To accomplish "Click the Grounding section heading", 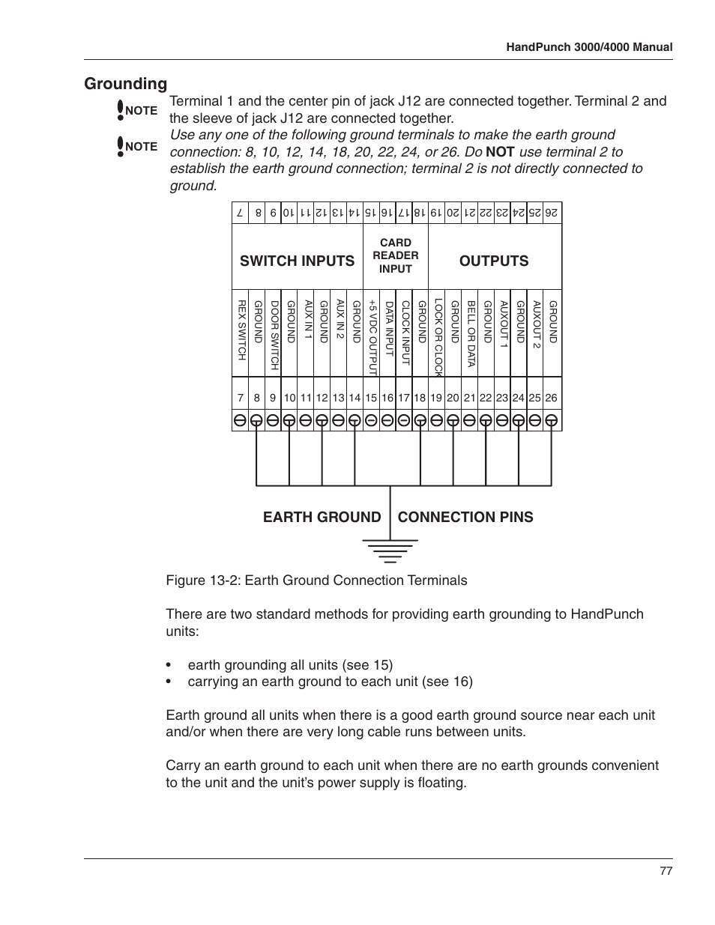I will (125, 83).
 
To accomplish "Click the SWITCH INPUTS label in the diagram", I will (297, 261).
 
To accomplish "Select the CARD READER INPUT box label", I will (396, 255).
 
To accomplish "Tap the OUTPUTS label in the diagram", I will (494, 261).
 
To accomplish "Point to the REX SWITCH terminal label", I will (241, 330).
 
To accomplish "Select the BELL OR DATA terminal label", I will (471, 334).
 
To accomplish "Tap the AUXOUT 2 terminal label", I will (536, 324).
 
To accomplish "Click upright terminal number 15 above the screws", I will (371, 398).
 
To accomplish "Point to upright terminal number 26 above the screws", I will (552, 398).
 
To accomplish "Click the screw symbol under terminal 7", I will (240, 421).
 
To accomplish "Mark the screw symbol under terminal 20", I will (453, 421).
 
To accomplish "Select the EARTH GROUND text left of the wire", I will (322, 517).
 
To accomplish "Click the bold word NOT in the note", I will (500, 152).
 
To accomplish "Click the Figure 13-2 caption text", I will (316, 580).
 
